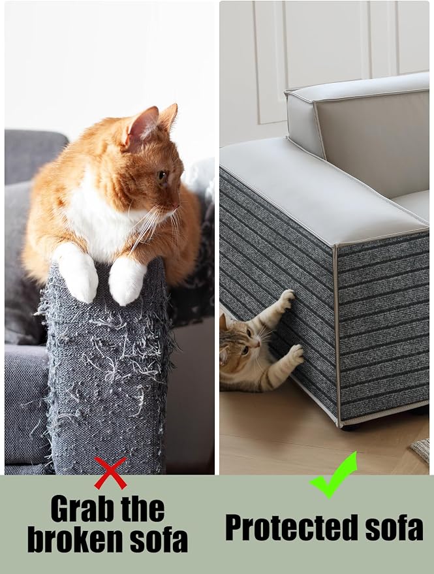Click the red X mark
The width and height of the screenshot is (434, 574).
(x=110, y=473)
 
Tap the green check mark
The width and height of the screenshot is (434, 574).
(x=333, y=476)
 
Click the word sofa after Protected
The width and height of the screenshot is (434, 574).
(x=394, y=528)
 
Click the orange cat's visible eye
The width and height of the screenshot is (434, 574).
(x=162, y=176)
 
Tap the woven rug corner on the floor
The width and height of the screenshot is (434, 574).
(x=421, y=449)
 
